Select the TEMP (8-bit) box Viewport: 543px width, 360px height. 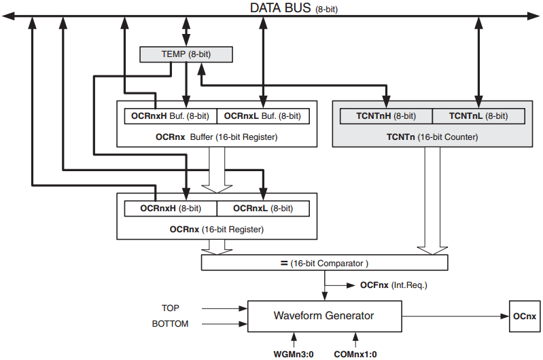186,53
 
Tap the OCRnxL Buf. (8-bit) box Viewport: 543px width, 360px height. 262,116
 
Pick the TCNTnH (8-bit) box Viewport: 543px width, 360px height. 385,116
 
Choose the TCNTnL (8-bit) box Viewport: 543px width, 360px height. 478,116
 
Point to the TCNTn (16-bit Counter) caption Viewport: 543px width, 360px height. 432,137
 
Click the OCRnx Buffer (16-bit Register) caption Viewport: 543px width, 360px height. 216,137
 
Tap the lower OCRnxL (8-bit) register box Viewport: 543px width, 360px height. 262,208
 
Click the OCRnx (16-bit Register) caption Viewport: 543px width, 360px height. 216,229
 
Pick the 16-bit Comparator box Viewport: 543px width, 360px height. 325,263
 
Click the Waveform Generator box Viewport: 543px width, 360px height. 323,316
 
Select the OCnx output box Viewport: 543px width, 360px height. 525,316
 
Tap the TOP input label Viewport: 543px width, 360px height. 171,308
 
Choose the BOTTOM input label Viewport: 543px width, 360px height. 171,324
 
